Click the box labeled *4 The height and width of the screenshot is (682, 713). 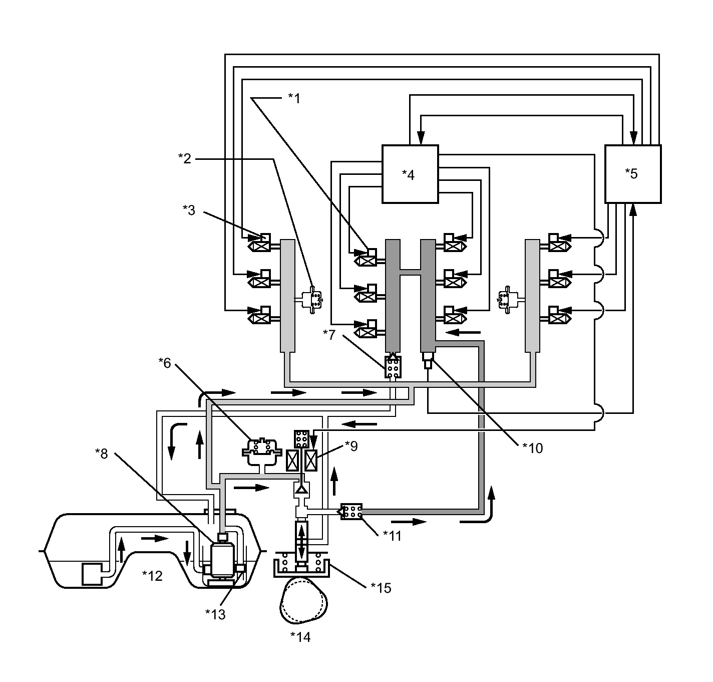(410, 174)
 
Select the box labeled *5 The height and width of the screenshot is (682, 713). (633, 174)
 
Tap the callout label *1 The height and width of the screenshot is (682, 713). (294, 98)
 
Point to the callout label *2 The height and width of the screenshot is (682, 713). (185, 159)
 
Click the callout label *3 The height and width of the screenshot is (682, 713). (189, 210)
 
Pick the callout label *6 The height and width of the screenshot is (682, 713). (165, 363)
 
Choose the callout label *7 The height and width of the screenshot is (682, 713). (329, 334)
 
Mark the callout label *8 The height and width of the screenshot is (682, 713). (102, 453)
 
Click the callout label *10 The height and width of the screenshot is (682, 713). (533, 447)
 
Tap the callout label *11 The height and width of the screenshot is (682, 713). (392, 536)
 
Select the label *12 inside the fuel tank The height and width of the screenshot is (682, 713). (152, 576)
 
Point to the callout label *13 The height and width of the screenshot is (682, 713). (215, 614)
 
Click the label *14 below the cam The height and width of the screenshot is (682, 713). (300, 637)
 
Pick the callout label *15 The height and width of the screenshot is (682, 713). (381, 588)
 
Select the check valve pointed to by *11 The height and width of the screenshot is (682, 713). (351, 512)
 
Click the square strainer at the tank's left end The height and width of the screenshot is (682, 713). (91, 574)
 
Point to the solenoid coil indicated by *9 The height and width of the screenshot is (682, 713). (311, 461)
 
